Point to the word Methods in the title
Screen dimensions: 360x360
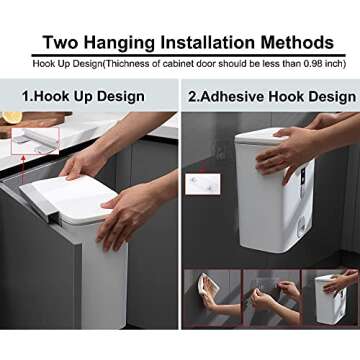tap(297, 43)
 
